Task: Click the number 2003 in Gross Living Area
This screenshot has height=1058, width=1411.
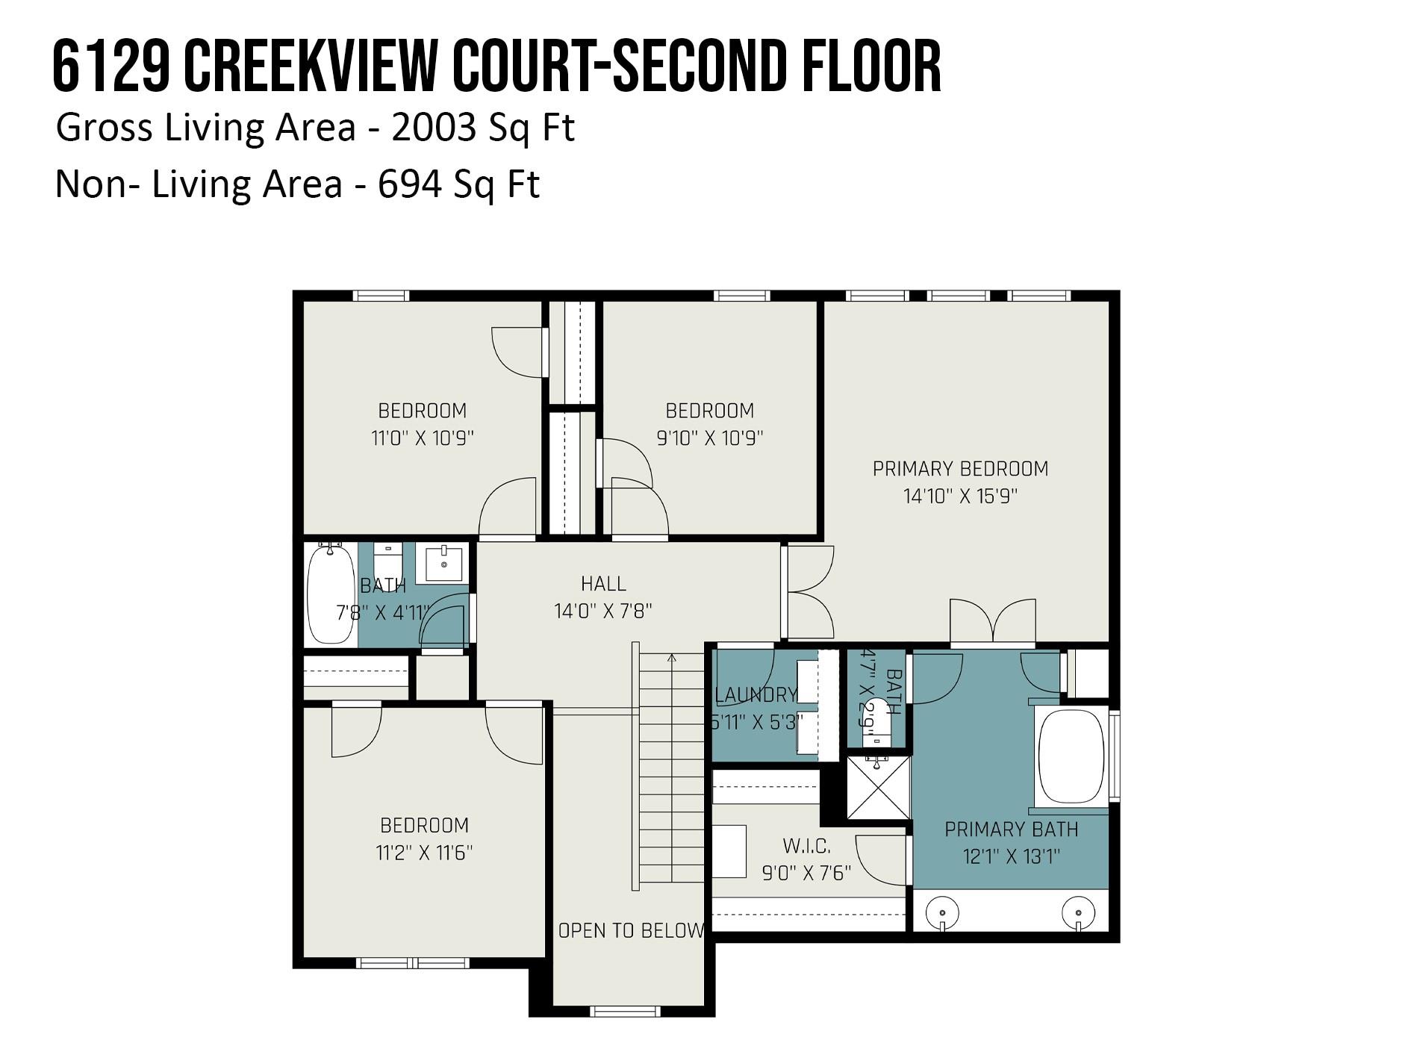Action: (x=433, y=128)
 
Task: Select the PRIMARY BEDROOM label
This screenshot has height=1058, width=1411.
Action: (x=960, y=469)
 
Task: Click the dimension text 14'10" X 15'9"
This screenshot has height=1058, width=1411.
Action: (x=960, y=497)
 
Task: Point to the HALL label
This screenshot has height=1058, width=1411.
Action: (x=603, y=584)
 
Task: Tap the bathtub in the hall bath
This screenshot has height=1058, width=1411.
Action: (x=331, y=594)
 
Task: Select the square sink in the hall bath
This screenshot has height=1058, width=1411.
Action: (x=443, y=564)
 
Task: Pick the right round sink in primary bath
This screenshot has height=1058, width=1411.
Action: (x=1078, y=912)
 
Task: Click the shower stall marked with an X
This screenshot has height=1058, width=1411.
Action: (x=879, y=788)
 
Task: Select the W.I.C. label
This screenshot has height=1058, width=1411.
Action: (x=806, y=846)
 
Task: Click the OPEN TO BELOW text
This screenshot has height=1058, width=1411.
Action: (x=631, y=930)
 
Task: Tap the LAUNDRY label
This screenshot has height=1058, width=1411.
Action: (x=756, y=695)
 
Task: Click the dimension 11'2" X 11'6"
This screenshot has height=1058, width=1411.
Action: (x=424, y=853)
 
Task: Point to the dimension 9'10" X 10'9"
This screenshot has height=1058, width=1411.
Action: (x=709, y=438)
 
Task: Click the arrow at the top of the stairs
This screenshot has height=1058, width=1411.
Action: (x=672, y=659)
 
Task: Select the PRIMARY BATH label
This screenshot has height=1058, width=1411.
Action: (x=1011, y=830)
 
